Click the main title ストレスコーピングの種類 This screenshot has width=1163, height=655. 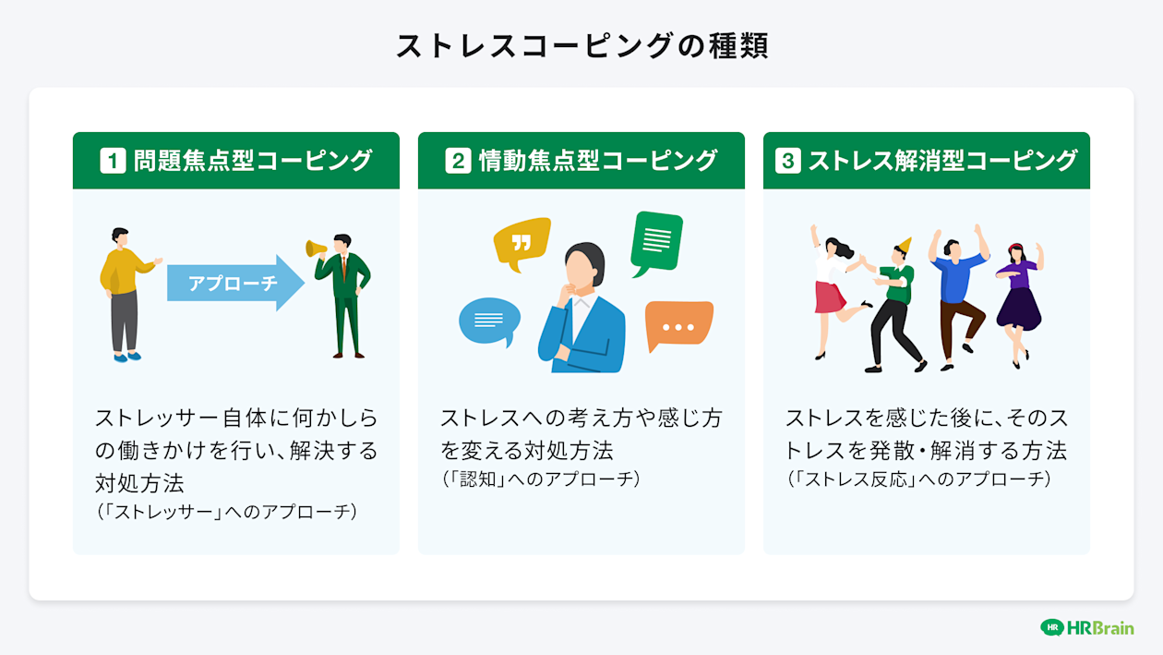581,46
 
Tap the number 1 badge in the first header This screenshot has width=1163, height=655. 113,161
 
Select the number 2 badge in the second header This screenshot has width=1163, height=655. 458,161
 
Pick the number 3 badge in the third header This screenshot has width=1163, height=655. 786,161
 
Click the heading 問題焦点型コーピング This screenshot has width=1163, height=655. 252,161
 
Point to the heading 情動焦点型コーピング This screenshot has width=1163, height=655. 597,161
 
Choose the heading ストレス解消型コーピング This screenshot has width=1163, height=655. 942,161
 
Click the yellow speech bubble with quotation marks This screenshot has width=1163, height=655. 522,243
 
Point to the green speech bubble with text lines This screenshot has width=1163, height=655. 656,241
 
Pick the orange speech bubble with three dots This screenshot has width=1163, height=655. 678,325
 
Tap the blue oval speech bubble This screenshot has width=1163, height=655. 488,321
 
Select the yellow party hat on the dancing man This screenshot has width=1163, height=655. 905,246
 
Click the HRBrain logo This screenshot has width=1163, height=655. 1086,627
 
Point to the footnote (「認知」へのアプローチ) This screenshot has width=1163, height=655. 540,479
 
